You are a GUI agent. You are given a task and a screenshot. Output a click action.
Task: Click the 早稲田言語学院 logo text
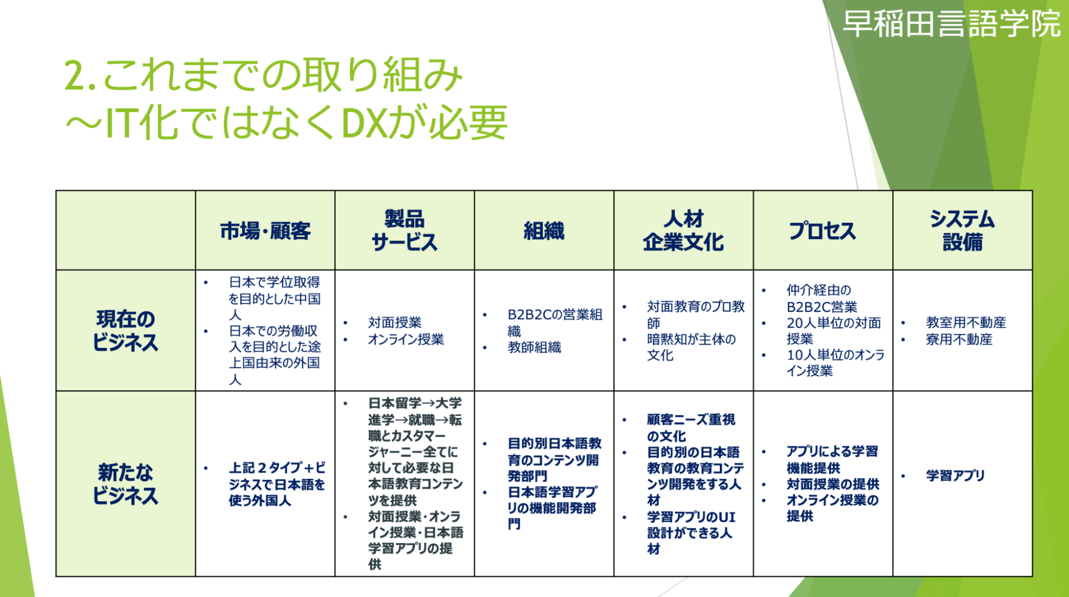951,24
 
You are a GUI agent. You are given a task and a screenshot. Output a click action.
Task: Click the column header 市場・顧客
265,231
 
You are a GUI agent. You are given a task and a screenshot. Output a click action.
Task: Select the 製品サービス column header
404,230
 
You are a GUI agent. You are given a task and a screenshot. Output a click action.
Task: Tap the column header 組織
544,231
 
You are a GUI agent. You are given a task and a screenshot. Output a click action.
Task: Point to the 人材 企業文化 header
683,230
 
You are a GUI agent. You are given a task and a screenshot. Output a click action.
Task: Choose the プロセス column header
822,231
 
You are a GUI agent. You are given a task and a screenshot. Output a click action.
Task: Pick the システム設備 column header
962,230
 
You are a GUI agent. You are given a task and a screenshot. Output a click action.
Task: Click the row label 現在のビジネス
126,330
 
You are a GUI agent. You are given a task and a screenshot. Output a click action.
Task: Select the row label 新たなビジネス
126,484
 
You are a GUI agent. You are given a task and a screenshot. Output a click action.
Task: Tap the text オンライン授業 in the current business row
406,339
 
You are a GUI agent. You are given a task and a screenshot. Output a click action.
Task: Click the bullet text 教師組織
534,347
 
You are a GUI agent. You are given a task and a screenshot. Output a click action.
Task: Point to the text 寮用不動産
959,339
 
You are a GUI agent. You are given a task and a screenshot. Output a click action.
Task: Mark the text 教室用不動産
966,323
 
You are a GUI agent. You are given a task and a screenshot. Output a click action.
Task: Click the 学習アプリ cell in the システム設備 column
955,476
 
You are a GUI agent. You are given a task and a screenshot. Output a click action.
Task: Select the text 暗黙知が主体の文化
691,347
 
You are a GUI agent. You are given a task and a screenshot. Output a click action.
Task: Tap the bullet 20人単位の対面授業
834,331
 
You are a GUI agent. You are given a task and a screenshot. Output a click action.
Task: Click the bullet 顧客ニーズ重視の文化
691,428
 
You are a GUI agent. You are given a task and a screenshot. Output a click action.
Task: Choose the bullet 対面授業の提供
833,484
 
